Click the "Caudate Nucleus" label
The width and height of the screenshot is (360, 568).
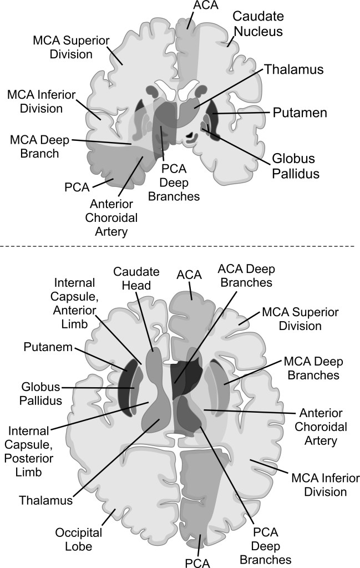257,24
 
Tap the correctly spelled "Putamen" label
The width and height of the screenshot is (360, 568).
300,113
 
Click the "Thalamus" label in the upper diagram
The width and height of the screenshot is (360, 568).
293,70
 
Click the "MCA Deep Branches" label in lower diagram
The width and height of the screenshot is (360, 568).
312,368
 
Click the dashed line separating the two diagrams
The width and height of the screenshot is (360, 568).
180,245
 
